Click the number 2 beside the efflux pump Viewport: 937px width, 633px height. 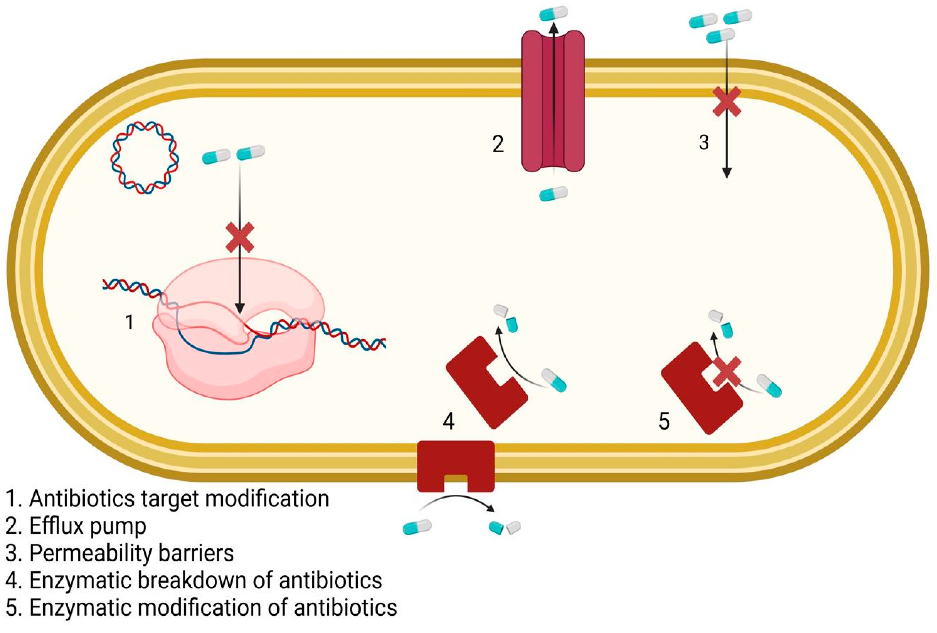tap(498, 144)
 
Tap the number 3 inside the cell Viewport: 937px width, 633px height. tap(704, 142)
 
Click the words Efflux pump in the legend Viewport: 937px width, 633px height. tap(88, 526)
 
